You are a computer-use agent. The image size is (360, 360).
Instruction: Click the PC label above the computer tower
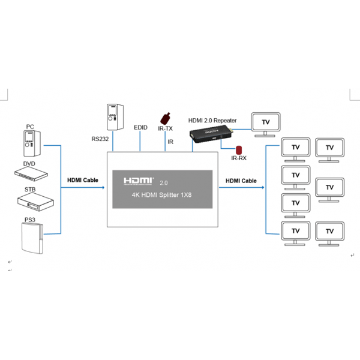click(x=30, y=127)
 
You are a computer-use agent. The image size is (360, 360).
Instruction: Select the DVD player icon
click(x=31, y=174)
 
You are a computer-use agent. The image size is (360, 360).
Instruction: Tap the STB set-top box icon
click(x=35, y=202)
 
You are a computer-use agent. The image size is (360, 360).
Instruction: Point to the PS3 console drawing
click(x=32, y=238)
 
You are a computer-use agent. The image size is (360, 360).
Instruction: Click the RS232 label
click(x=100, y=139)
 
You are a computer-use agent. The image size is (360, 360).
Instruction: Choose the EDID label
click(x=140, y=127)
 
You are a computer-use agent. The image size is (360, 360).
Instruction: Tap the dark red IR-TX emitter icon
click(x=166, y=119)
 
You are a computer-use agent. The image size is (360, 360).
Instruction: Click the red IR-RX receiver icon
click(x=239, y=150)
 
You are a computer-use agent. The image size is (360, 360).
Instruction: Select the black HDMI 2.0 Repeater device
click(x=211, y=136)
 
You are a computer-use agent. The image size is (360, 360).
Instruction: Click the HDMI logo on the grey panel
click(x=139, y=181)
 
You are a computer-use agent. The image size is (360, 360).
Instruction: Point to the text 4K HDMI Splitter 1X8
click(x=161, y=195)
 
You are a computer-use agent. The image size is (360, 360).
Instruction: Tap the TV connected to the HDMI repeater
click(x=266, y=124)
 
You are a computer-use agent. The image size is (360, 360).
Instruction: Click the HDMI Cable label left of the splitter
click(x=83, y=180)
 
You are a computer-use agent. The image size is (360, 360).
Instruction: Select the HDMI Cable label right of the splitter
click(x=241, y=181)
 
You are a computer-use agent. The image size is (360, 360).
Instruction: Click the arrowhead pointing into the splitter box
click(x=103, y=188)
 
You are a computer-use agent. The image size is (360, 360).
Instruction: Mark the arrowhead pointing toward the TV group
click(x=263, y=188)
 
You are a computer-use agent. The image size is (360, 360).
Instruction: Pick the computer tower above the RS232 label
click(x=115, y=117)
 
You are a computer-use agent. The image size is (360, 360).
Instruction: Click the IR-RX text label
click(x=239, y=158)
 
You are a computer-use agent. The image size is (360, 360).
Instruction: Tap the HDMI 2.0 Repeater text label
click(x=212, y=121)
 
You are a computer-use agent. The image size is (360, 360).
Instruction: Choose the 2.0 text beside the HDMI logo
click(x=164, y=183)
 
